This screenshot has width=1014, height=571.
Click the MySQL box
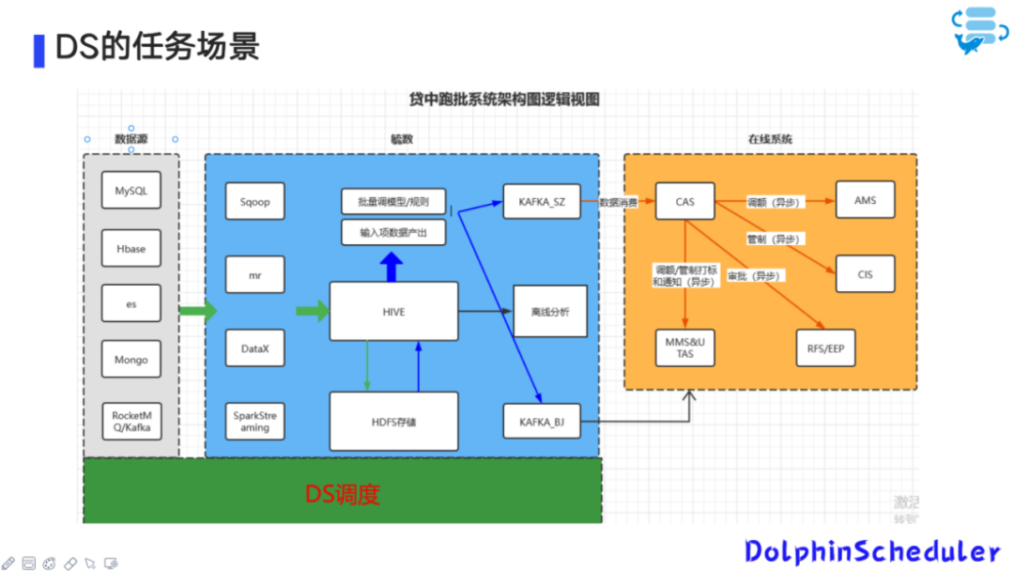click(131, 191)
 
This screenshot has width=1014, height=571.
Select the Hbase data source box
click(131, 249)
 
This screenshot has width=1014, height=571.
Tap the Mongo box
click(131, 360)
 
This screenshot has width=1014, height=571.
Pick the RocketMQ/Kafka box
click(131, 422)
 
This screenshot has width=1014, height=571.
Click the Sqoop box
click(254, 201)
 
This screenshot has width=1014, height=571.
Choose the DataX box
click(254, 348)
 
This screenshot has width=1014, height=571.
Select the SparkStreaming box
click(254, 421)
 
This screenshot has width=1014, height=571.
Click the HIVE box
click(393, 311)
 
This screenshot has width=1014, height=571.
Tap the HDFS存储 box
click(393, 422)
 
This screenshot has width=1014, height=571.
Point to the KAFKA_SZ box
click(541, 201)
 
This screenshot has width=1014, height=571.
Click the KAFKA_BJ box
click(541, 422)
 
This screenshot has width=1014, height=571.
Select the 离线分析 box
click(549, 311)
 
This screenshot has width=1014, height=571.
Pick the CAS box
click(684, 201)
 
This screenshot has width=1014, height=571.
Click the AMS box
click(865, 200)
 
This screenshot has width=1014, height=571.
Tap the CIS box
click(865, 274)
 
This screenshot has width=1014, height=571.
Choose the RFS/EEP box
click(825, 348)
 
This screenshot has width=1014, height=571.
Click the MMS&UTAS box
click(684, 348)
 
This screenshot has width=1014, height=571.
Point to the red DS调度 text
click(342, 494)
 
